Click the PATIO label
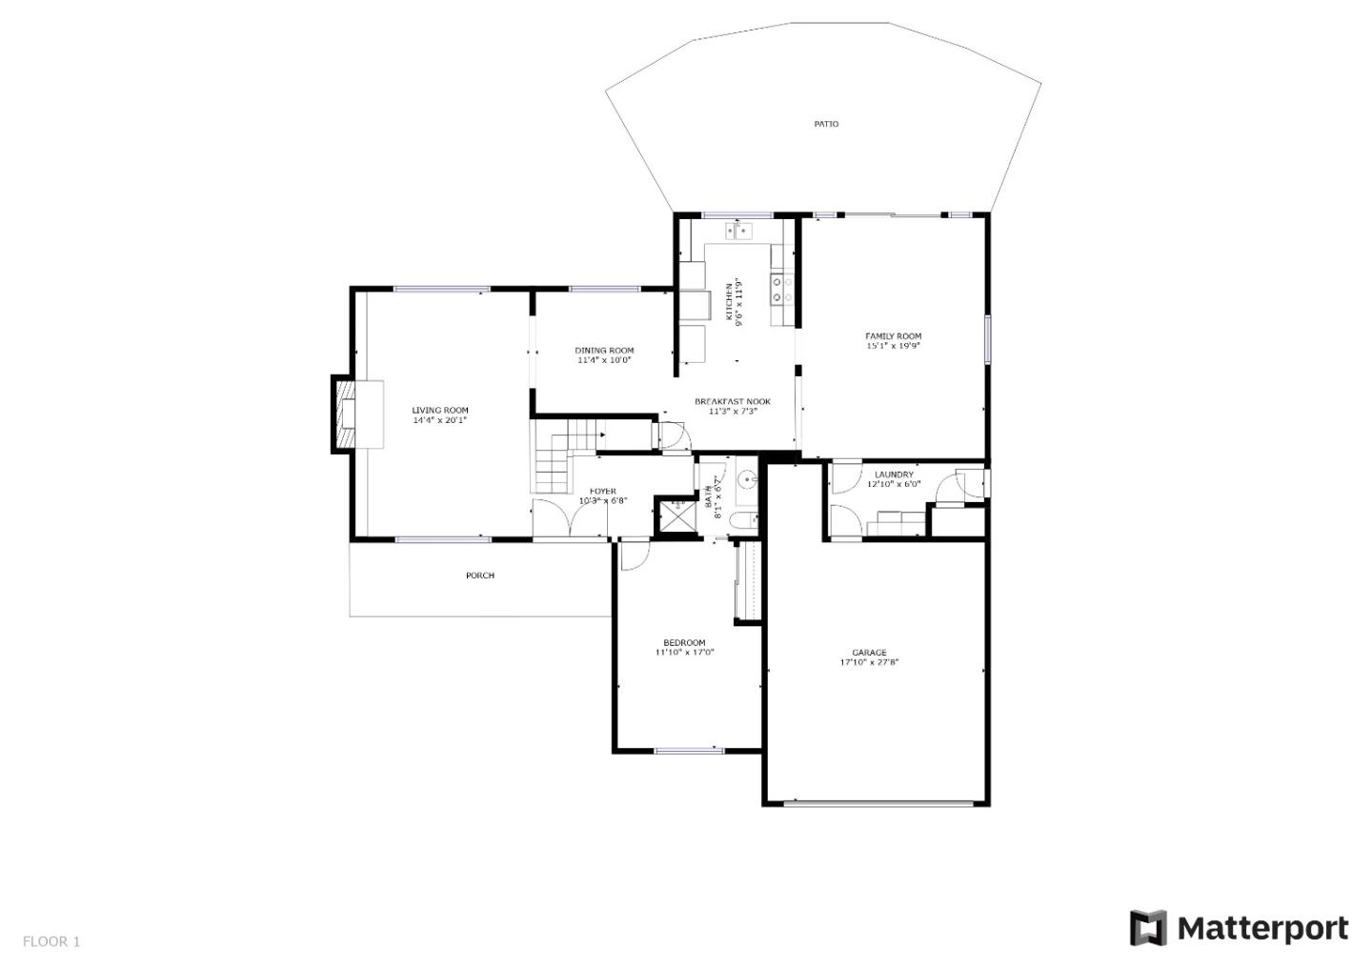826,124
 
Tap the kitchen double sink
738,231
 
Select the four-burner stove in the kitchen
783,289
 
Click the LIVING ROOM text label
440,410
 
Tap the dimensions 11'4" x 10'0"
604,360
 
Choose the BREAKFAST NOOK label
732,401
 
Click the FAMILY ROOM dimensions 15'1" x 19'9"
893,346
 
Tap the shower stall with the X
678,516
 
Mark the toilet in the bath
742,520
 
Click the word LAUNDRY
894,474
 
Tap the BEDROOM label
684,642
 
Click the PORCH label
480,576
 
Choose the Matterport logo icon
1148,928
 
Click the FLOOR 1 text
51,941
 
